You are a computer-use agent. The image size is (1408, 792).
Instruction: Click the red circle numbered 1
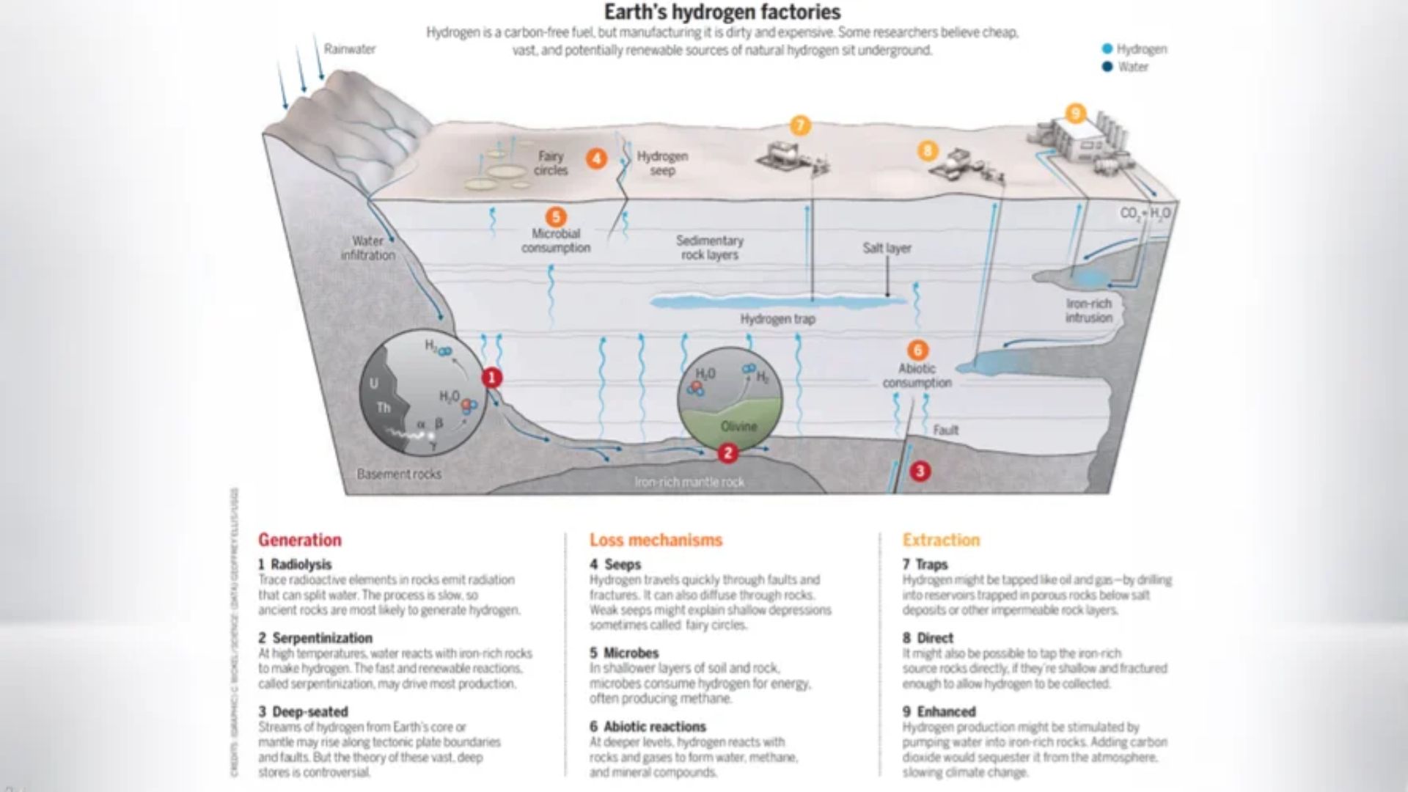point(491,378)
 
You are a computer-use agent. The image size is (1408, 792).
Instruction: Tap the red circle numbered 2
point(727,453)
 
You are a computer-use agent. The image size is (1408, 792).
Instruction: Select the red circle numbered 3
point(920,471)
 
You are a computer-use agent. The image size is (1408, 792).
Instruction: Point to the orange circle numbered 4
point(596,158)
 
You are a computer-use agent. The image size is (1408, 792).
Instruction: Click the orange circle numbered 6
point(917,350)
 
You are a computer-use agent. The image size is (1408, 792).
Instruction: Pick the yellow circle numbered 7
point(800,125)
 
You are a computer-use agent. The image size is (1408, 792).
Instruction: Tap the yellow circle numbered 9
point(1075,113)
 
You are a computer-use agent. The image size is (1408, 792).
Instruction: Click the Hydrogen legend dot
point(1107,49)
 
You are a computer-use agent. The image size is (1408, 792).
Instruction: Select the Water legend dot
point(1107,67)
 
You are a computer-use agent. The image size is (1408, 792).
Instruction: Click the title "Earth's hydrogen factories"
point(722,12)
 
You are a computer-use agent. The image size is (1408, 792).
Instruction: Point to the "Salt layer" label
point(887,248)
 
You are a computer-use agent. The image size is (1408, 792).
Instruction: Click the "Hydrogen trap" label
point(777,319)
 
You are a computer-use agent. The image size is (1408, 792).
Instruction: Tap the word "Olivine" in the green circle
point(738,426)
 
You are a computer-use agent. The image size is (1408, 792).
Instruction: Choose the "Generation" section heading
point(299,540)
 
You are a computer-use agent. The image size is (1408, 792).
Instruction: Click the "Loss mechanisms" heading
point(656,540)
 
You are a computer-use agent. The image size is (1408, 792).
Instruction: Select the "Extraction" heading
point(941,540)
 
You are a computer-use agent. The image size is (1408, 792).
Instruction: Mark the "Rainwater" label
point(350,49)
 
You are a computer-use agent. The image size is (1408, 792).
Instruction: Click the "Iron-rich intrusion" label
point(1088,310)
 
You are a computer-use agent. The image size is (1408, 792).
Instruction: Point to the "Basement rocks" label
point(399,474)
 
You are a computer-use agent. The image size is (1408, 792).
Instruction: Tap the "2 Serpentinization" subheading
point(315,638)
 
